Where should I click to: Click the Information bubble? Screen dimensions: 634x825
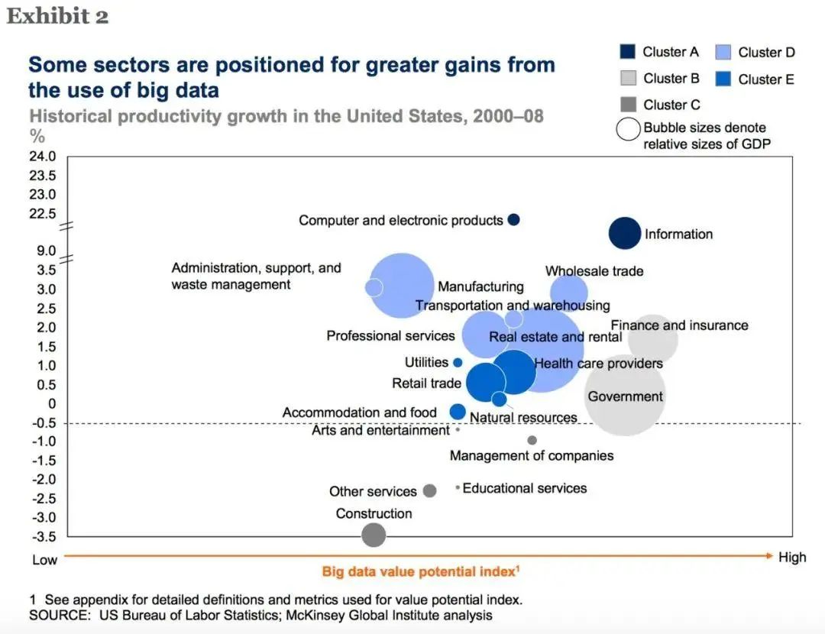point(625,233)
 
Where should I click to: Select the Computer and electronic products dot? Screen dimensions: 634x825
point(514,219)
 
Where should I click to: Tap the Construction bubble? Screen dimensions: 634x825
point(373,534)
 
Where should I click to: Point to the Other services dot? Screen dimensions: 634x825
point(429,490)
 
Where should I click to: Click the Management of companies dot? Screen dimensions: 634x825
point(532,440)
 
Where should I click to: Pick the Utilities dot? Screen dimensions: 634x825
point(458,363)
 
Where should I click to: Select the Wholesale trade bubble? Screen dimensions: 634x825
point(569,291)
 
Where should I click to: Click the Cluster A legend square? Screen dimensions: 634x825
point(626,52)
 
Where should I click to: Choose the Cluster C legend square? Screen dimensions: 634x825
point(626,105)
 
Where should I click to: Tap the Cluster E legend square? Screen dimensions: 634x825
point(723,79)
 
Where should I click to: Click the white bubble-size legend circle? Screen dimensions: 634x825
point(628,128)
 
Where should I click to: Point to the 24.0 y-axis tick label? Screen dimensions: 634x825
point(43,157)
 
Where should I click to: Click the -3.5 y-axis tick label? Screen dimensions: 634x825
point(43,535)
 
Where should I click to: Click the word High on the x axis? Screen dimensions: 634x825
point(792,558)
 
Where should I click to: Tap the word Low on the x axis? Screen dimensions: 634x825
point(44,560)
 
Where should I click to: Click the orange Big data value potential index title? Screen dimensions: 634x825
point(421,571)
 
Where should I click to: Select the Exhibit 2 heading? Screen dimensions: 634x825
point(57,17)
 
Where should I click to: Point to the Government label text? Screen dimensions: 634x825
point(625,396)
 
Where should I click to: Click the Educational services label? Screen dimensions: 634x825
point(525,488)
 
